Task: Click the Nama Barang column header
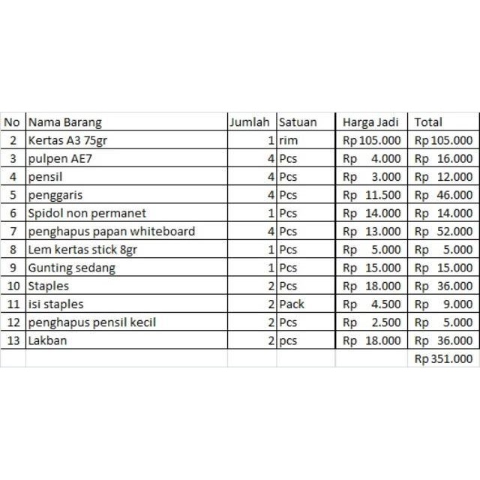click(65, 122)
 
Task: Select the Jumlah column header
click(250, 122)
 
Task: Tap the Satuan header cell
click(298, 122)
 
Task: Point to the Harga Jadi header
click(370, 122)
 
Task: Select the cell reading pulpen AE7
click(60, 158)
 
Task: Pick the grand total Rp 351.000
click(444, 359)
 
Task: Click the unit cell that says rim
click(288, 140)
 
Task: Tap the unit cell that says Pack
click(292, 304)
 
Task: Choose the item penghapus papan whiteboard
click(112, 231)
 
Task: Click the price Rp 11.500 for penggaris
click(372, 195)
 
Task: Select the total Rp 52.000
click(444, 231)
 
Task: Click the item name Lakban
click(48, 341)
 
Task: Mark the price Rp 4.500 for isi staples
click(372, 304)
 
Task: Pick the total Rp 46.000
click(444, 195)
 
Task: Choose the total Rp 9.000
click(444, 304)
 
